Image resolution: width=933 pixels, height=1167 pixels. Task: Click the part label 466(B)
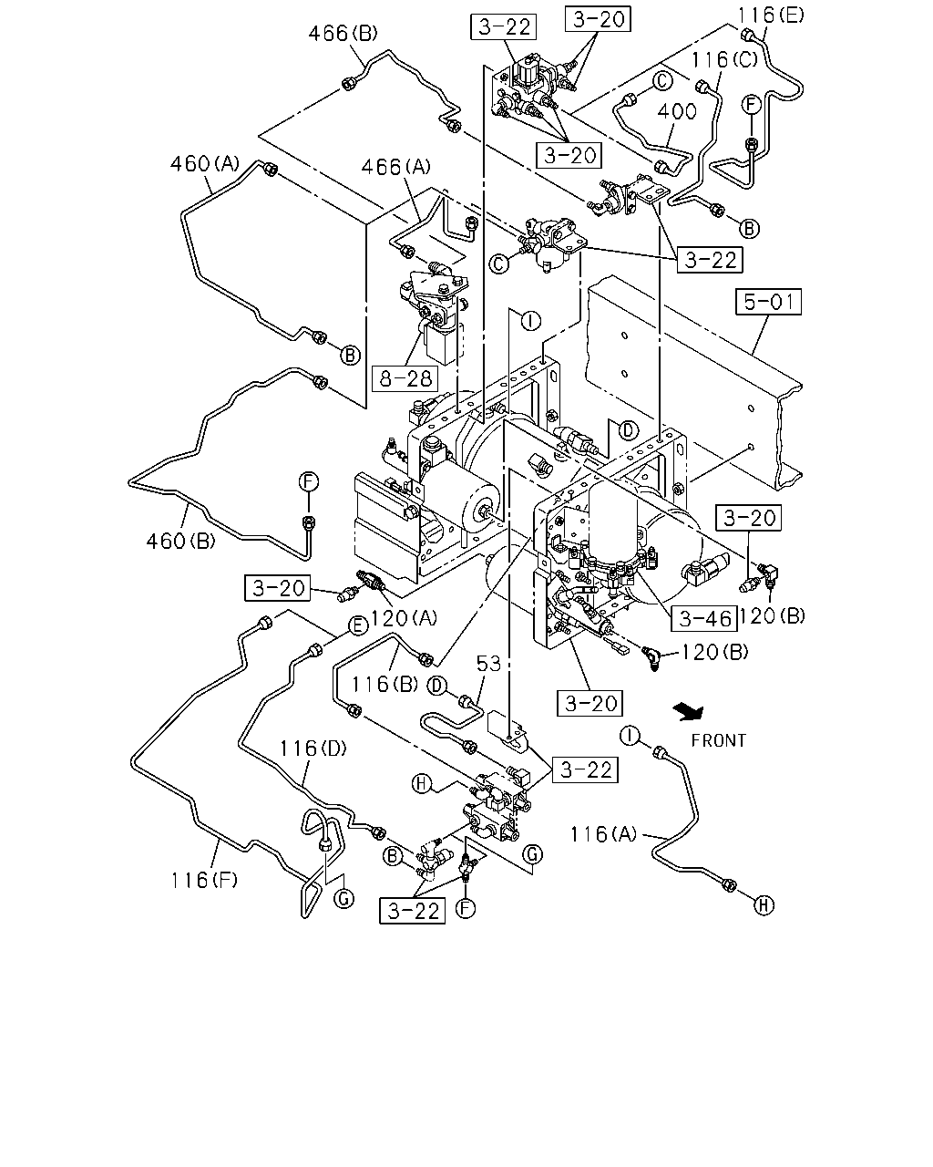click(x=343, y=34)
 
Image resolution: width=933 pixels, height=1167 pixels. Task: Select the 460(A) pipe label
click(x=205, y=163)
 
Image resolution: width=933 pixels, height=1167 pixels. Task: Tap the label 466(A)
click(x=395, y=167)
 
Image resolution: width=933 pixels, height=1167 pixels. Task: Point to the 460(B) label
click(x=180, y=541)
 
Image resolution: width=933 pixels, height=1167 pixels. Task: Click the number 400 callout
click(x=677, y=112)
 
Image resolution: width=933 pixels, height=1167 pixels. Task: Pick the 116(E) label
click(x=771, y=15)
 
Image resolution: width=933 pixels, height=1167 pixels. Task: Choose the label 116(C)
click(x=723, y=59)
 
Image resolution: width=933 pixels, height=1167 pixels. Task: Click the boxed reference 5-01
click(x=768, y=302)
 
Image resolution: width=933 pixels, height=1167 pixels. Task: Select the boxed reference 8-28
click(x=405, y=378)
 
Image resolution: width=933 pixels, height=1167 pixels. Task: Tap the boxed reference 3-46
click(x=704, y=618)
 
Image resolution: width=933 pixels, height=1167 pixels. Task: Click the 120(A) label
click(x=404, y=617)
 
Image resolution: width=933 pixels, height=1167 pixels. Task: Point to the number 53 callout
click(x=488, y=664)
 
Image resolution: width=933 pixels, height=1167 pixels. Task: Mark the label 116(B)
click(x=384, y=685)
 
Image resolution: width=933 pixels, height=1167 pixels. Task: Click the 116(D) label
click(x=313, y=749)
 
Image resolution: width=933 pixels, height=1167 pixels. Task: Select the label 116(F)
click(x=204, y=880)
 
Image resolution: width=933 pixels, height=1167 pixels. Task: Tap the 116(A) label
click(x=603, y=834)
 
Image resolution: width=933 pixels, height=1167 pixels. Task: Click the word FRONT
click(x=718, y=740)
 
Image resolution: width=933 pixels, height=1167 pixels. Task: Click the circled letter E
click(x=358, y=626)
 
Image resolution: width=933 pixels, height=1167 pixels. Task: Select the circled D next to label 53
click(x=437, y=687)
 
